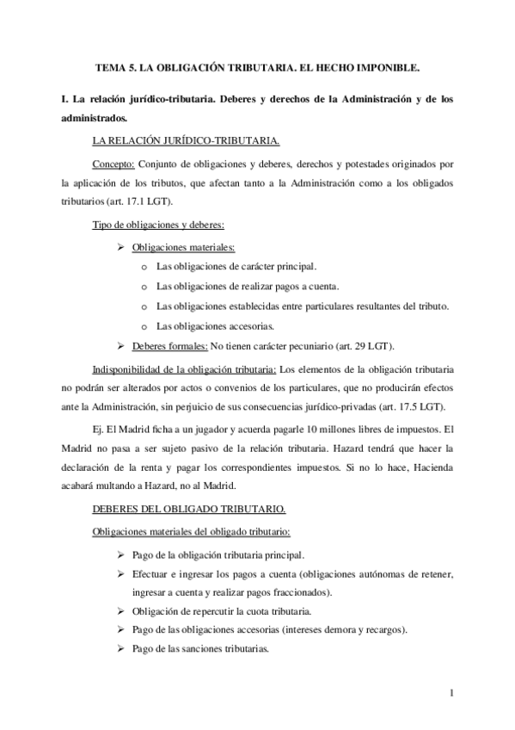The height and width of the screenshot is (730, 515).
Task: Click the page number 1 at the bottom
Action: pos(452,692)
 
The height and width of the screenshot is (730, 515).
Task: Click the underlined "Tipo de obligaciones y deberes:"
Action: pos(157,226)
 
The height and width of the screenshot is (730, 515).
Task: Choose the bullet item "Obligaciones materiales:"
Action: pos(177,247)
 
